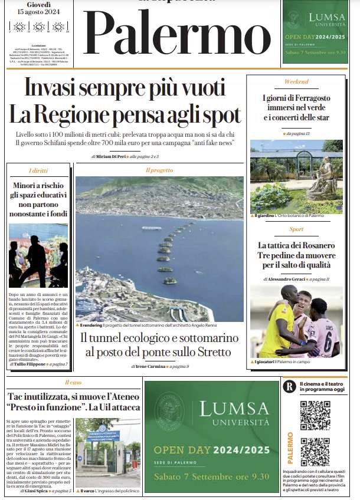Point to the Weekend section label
pyautogui.click(x=296, y=81)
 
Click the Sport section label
pyautogui.click(x=296, y=229)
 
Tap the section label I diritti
pyautogui.click(x=38, y=170)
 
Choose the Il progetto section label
pyautogui.click(x=159, y=170)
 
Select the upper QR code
pyautogui.click(x=315, y=416)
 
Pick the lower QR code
pyautogui.click(x=315, y=452)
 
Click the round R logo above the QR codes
pyautogui.click(x=289, y=387)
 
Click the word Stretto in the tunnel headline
pyautogui.click(x=216, y=352)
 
